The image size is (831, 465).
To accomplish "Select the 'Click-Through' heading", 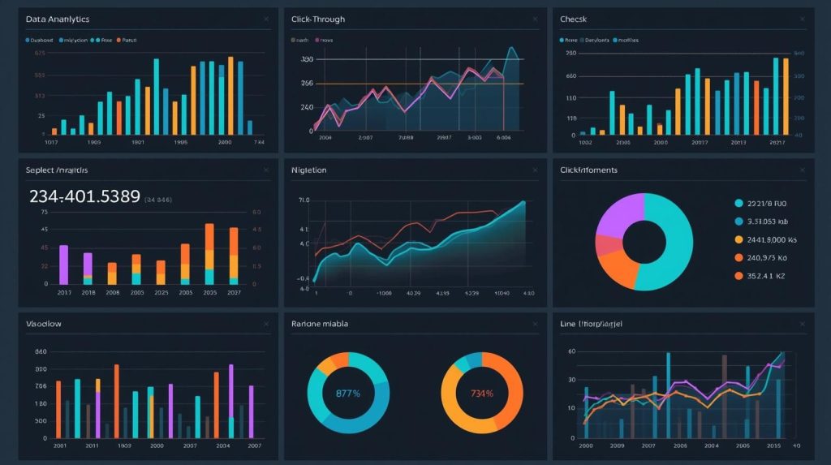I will pyautogui.click(x=317, y=19).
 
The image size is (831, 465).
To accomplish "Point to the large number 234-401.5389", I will pyautogui.click(x=84, y=196).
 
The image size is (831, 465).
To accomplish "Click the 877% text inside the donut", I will pyautogui.click(x=347, y=394).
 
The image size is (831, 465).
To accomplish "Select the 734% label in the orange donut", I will pyautogui.click(x=481, y=394).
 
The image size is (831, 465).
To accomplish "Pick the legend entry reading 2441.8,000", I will pyautogui.click(x=772, y=239).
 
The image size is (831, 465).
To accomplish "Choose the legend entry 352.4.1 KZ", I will pyautogui.click(x=767, y=276).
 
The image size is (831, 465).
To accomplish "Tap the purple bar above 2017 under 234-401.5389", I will pyautogui.click(x=64, y=264).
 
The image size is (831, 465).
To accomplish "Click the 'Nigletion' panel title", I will pyautogui.click(x=308, y=170).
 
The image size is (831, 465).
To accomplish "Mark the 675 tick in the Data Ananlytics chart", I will pyautogui.click(x=40, y=54).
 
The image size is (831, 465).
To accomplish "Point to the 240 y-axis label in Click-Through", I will pyautogui.click(x=306, y=107).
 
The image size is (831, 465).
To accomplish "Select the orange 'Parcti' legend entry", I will pyautogui.click(x=127, y=39).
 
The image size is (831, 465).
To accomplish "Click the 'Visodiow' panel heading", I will pyautogui.click(x=44, y=324).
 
